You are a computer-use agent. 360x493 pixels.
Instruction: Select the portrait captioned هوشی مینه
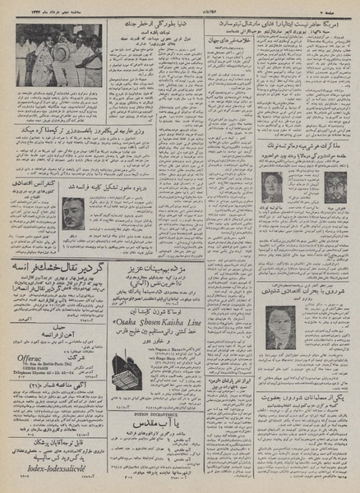(x=275, y=186)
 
